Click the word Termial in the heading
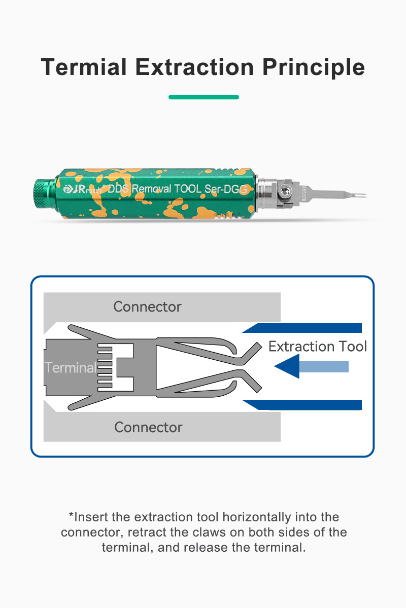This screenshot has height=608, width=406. pos(84,67)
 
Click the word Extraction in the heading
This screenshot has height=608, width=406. pos(195,67)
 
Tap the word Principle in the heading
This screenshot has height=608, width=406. pos(314,67)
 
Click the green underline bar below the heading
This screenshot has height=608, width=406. pos(204,97)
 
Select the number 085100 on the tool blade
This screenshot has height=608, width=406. pos(304,193)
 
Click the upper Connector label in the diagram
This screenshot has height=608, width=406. pos(147,307)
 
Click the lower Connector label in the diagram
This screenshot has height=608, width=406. pos(148,427)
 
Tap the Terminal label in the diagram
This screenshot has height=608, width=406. pos(71,367)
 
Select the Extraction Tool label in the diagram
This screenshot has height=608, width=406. pos(318,347)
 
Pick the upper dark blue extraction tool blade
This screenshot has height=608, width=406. pos(302,328)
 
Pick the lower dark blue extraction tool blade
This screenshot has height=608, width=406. pos(302,405)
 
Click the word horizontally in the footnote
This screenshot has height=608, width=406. pos(257,517)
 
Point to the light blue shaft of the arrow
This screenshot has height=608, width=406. pos(324,366)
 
